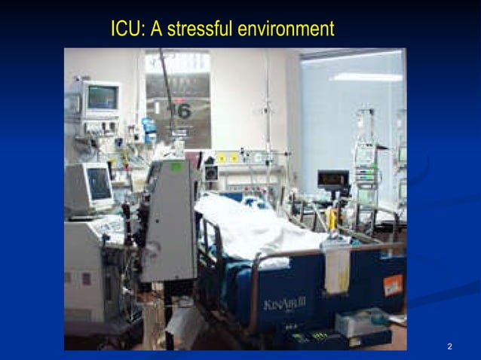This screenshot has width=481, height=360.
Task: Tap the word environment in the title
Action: pos(285,30)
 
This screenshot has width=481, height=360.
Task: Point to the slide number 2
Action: pos(449,346)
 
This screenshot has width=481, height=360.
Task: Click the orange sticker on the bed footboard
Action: pos(393,285)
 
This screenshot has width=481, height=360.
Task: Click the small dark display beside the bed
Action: pos(332,179)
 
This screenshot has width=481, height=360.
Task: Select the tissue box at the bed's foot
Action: pos(360,322)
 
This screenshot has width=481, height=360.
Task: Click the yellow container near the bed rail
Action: pos(332,219)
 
